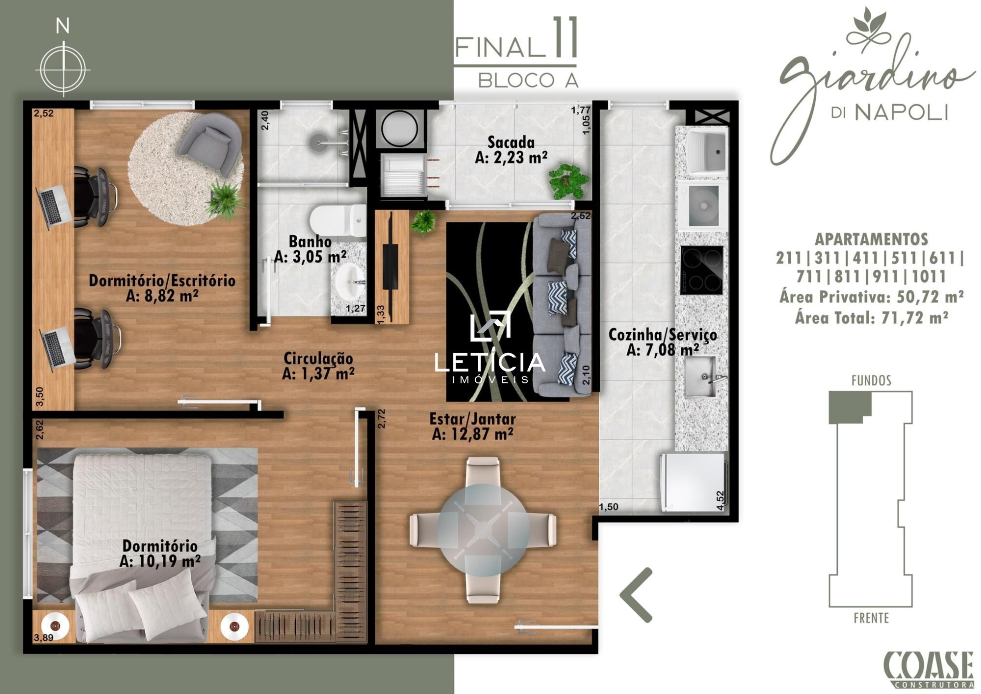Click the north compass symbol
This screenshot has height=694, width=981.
pyautogui.click(x=63, y=68)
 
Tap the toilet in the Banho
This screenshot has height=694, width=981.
pyautogui.click(x=338, y=220)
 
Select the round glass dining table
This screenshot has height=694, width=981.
pyautogui.click(x=484, y=530)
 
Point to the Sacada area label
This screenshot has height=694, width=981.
pyautogui.click(x=511, y=150)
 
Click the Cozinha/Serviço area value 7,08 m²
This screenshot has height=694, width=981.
pyautogui.click(x=663, y=350)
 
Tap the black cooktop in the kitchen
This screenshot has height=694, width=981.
pyautogui.click(x=701, y=270)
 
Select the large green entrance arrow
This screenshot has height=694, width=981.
pyautogui.click(x=636, y=595)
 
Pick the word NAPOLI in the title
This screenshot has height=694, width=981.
pyautogui.click(x=901, y=112)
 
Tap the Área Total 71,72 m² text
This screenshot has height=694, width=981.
pyautogui.click(x=871, y=318)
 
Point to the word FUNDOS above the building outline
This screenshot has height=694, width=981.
pyautogui.click(x=871, y=380)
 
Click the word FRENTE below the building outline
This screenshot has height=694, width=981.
pyautogui.click(x=871, y=618)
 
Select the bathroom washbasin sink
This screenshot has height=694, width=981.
pyautogui.click(x=350, y=280)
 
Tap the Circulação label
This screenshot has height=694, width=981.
pyautogui.click(x=318, y=358)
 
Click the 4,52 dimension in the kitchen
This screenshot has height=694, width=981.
pyautogui.click(x=720, y=501)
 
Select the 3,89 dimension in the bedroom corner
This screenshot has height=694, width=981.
pyautogui.click(x=43, y=638)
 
